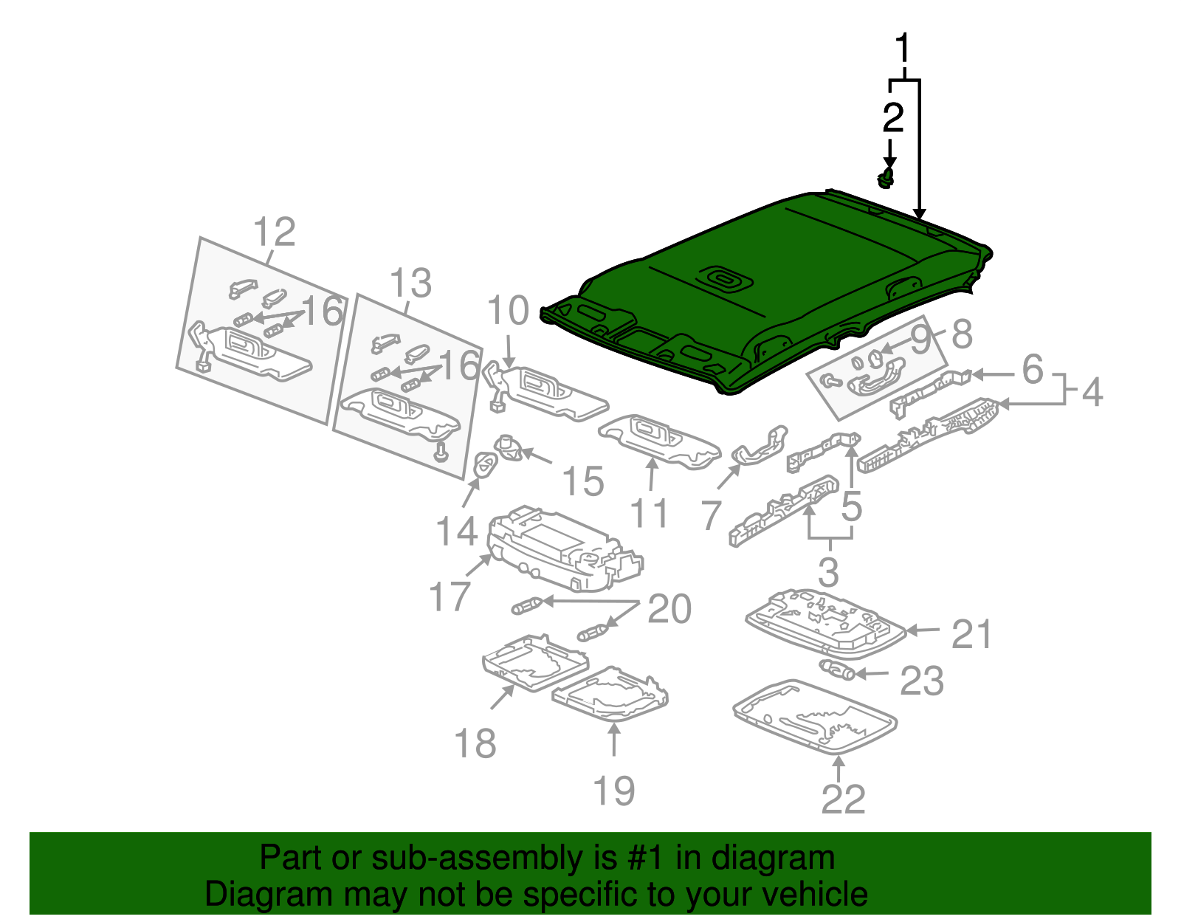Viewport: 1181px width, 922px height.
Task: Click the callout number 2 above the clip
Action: pyautogui.click(x=892, y=118)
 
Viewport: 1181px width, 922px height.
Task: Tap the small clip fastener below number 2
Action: pyautogui.click(x=887, y=178)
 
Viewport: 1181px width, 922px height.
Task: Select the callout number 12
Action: pyautogui.click(x=274, y=233)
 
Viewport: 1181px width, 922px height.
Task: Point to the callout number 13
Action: pyautogui.click(x=410, y=283)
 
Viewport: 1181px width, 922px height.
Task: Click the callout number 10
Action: pyautogui.click(x=508, y=311)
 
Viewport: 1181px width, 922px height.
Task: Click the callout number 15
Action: pyautogui.click(x=583, y=481)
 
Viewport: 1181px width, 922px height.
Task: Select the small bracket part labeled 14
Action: pyautogui.click(x=484, y=466)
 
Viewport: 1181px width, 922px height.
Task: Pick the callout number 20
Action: pyautogui.click(x=669, y=609)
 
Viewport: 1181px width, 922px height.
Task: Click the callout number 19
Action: pyautogui.click(x=613, y=791)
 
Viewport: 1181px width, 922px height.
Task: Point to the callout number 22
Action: pyautogui.click(x=842, y=799)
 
